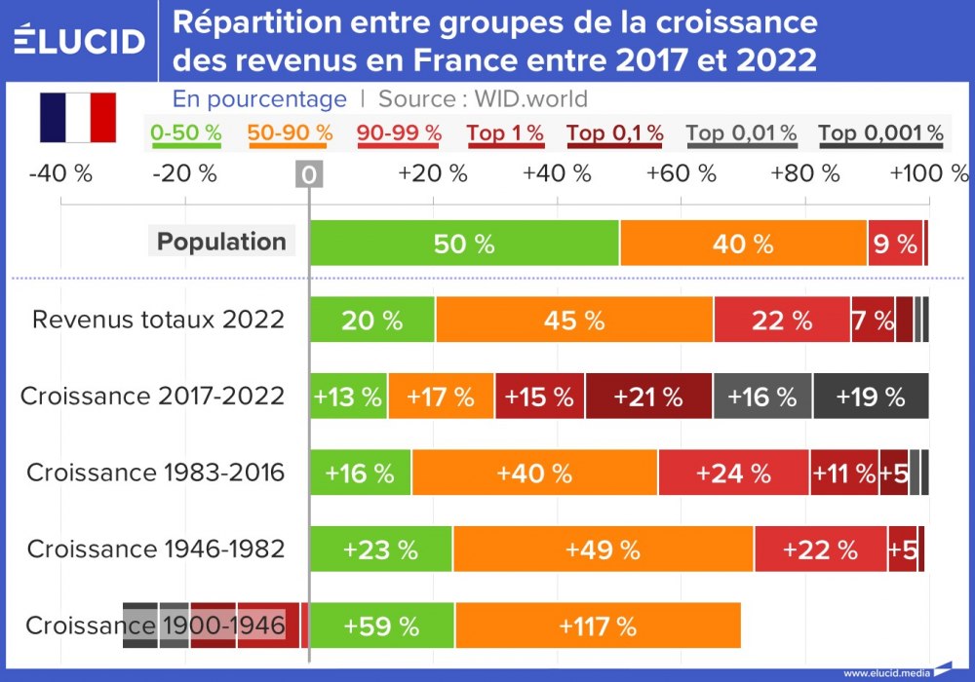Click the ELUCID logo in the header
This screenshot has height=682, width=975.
tap(80, 41)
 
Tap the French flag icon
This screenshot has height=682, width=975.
tap(78, 118)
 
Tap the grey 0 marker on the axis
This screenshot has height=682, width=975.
tap(309, 174)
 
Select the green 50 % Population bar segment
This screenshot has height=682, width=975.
tap(464, 244)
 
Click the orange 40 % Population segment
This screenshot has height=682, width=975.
tap(743, 244)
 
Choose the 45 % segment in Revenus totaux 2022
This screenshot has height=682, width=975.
tap(574, 320)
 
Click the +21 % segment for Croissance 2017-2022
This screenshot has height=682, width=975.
tap(648, 397)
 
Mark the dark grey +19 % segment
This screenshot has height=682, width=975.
tap(870, 397)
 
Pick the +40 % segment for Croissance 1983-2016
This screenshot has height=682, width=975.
tap(534, 474)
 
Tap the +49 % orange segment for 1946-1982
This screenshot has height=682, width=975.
tap(603, 549)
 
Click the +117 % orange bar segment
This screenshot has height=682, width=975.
tap(598, 625)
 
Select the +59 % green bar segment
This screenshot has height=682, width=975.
tap(381, 625)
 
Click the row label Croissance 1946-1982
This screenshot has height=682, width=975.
tap(156, 549)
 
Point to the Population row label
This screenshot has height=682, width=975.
tap(221, 242)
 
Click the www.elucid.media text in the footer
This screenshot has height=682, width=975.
tap(885, 672)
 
